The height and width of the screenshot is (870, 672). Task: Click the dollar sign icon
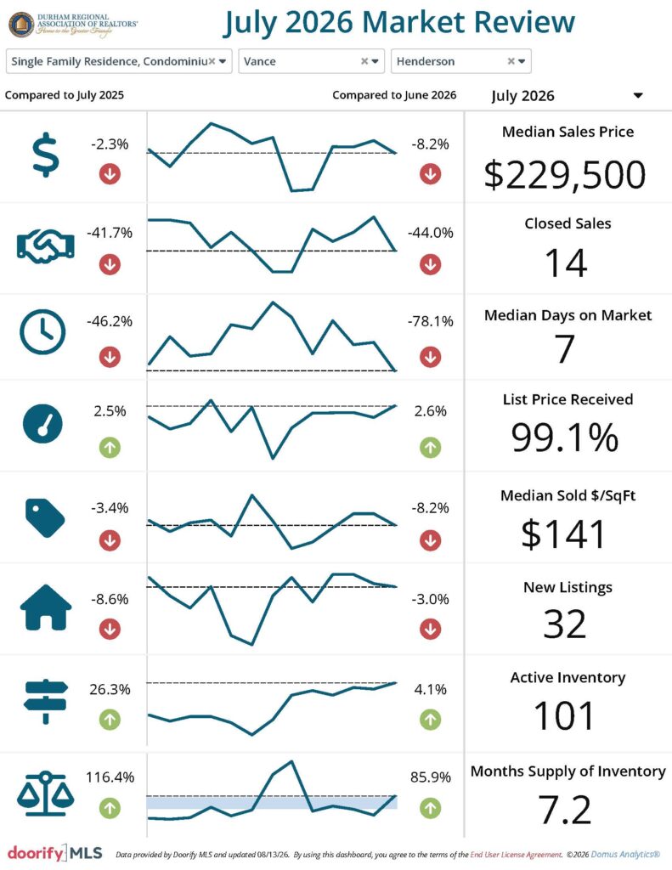coord(46,155)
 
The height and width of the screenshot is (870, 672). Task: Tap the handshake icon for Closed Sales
coord(46,246)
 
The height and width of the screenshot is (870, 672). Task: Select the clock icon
coord(42,332)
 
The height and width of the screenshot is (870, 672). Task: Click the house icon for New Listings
coord(46,607)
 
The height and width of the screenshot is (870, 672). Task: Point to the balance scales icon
coord(46,794)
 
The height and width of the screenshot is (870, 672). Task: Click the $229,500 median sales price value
coord(565,174)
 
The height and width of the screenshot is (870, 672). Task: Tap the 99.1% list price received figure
coord(565,438)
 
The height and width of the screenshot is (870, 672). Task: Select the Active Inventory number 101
coord(565,715)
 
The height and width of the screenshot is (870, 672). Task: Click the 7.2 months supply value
coord(565,810)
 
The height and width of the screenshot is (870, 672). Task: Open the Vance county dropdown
coord(311,61)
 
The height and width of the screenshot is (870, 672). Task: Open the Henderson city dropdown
coord(461,61)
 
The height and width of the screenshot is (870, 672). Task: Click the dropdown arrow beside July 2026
coord(638,95)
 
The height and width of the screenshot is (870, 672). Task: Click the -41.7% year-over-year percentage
coord(110,233)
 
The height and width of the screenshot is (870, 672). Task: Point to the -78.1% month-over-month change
coord(430,321)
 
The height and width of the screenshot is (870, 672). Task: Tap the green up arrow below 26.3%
coord(110,720)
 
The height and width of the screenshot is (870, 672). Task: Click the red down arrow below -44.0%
coord(430,265)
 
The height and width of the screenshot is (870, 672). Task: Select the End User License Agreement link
coord(516,855)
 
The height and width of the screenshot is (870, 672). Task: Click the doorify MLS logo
coord(55,853)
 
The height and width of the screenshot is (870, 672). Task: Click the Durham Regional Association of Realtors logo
coord(73,25)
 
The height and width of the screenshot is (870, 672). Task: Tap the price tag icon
coord(45,517)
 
